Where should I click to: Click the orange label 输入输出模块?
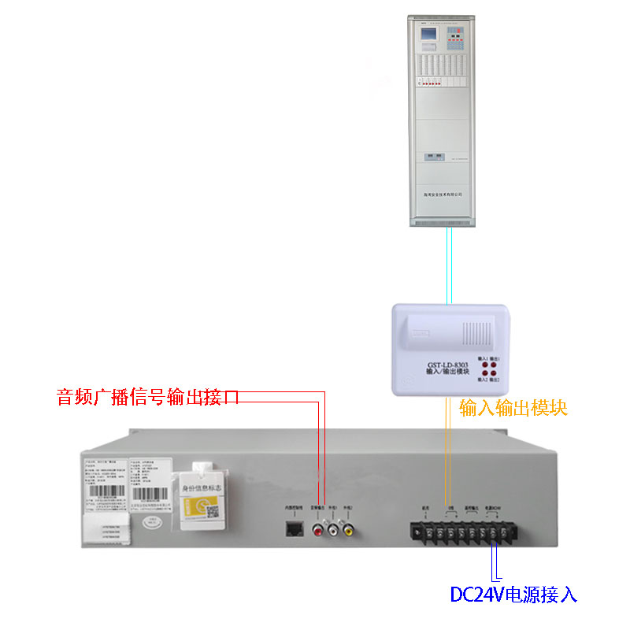pos(513,407)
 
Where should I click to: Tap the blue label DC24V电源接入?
pos(513,594)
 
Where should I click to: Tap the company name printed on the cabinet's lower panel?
pos(442,194)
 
